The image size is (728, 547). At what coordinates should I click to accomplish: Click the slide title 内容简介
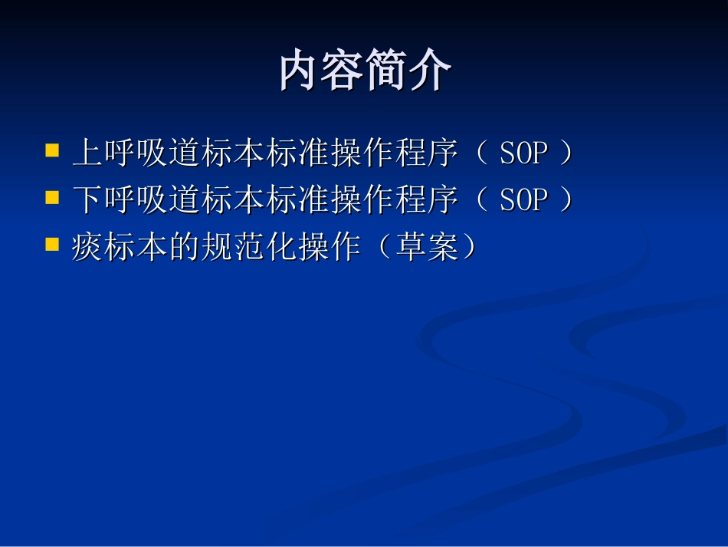(x=365, y=71)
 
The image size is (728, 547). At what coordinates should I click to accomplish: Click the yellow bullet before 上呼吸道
(x=53, y=150)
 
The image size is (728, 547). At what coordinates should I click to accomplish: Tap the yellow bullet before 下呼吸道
(x=53, y=198)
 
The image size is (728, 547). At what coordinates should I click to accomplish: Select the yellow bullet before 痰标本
(x=53, y=245)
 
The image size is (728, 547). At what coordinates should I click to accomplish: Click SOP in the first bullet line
(x=524, y=154)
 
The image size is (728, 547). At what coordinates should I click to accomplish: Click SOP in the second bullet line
(x=524, y=201)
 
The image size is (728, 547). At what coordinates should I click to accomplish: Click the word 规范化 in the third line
(x=250, y=248)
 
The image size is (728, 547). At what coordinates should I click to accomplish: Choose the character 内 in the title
(x=300, y=71)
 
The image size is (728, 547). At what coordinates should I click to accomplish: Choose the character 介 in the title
(x=430, y=71)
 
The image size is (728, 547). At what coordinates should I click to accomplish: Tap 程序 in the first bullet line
(x=428, y=154)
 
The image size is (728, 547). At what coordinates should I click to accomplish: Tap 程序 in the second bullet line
(x=428, y=201)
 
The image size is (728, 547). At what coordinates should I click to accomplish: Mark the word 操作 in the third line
(x=331, y=248)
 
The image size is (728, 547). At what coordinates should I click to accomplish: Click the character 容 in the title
(x=343, y=71)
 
